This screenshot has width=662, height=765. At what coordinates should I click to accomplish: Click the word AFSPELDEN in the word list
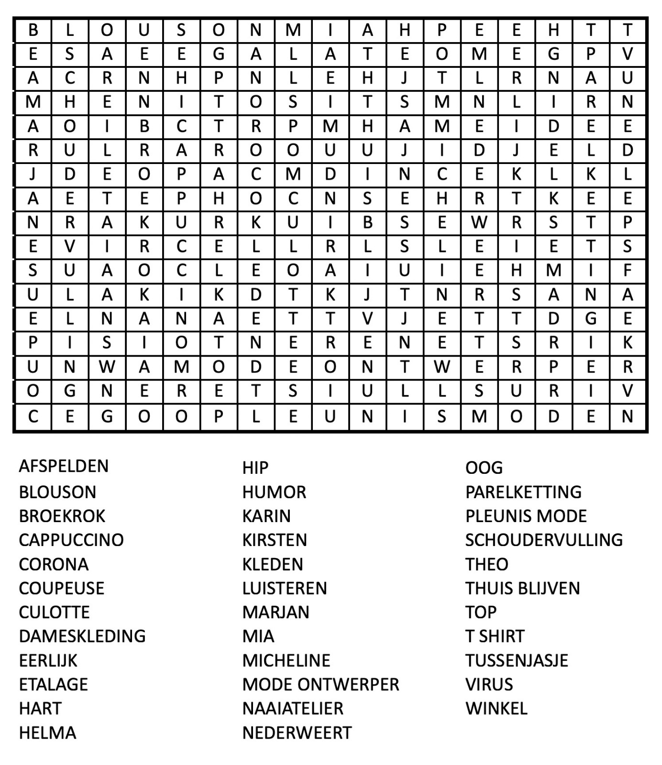point(64,466)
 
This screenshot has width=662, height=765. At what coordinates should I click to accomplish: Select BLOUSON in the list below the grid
point(57,492)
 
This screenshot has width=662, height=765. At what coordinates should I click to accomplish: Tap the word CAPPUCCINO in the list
point(71,540)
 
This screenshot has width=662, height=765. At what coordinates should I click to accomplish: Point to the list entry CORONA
point(54,564)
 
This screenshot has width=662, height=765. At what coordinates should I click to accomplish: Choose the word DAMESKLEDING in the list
point(82,636)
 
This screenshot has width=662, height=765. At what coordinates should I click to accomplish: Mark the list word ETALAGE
point(53,685)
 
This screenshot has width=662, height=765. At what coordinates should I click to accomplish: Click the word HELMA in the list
point(47,732)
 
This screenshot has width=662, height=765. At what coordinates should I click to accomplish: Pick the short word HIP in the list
point(255,468)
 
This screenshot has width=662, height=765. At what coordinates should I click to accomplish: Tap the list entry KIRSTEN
point(275,540)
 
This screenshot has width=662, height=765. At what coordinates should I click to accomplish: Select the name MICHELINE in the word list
point(286,661)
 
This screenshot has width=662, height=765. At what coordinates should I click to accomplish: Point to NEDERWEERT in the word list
point(297,732)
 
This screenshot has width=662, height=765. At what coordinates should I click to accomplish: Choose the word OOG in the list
point(484,468)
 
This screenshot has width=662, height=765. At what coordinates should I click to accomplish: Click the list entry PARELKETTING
point(523,492)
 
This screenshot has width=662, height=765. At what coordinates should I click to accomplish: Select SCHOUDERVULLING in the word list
point(544,540)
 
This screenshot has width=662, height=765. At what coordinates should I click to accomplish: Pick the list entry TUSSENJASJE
point(517,661)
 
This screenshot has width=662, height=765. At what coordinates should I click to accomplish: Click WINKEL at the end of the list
point(496,709)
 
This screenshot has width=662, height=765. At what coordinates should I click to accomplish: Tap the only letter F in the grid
point(628,271)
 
